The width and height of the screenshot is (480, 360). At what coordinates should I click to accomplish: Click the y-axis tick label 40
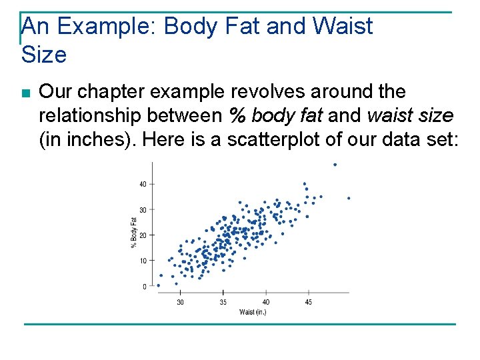tap(143, 184)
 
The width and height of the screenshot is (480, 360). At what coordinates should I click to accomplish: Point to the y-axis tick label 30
tap(143, 210)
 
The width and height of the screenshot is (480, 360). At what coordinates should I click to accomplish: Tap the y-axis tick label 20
tap(143, 235)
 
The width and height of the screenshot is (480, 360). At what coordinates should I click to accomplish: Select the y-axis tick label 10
tap(143, 261)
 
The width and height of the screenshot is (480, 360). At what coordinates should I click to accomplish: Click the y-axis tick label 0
tap(145, 287)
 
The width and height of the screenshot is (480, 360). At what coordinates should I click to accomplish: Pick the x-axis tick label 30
tap(180, 302)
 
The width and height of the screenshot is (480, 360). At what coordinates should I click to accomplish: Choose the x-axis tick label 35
tap(223, 302)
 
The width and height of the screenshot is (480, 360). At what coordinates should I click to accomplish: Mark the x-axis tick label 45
tap(309, 302)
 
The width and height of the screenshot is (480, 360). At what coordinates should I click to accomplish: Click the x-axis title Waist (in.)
tap(253, 312)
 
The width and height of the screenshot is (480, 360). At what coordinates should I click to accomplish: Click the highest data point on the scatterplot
tap(335, 164)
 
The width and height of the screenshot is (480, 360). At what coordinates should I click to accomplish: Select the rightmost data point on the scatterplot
tap(349, 198)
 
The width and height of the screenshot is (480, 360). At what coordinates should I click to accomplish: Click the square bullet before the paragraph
tap(25, 93)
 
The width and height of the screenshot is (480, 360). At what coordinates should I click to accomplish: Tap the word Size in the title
tap(44, 55)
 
